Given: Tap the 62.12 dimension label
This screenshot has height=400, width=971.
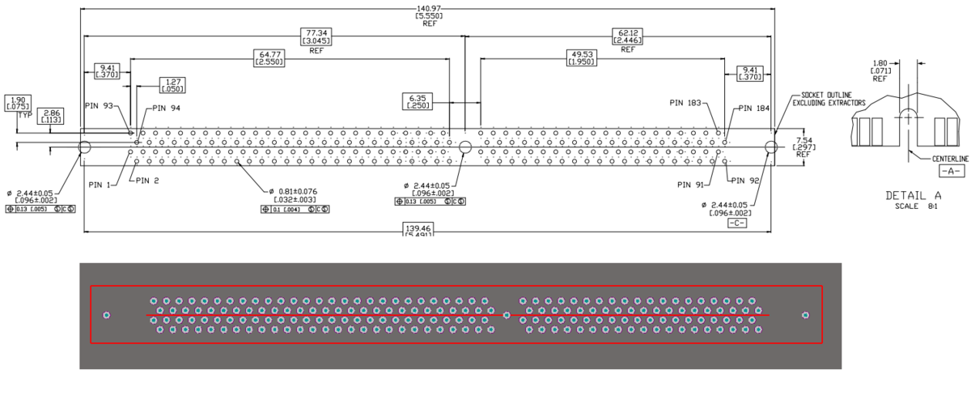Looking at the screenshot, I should coord(628,33).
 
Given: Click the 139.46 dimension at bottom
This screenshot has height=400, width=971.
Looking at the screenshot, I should coord(419,230).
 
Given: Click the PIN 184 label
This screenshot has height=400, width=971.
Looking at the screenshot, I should coord(757,109).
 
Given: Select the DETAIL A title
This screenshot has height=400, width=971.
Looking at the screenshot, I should coord(913,195).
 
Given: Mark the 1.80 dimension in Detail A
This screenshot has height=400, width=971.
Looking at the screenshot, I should coord(880,62).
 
